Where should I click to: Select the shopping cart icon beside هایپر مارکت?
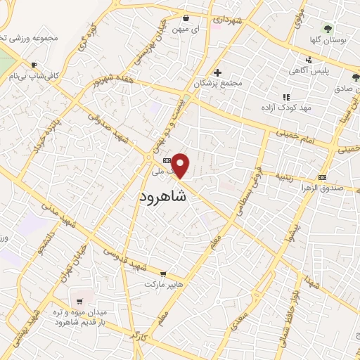point(163,274)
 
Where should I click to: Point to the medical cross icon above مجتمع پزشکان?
point(218,72)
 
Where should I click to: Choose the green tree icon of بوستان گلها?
point(327,28)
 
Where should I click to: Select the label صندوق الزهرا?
point(321,188)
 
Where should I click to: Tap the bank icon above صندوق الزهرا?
point(322,176)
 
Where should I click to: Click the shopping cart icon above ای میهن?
point(186,19)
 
